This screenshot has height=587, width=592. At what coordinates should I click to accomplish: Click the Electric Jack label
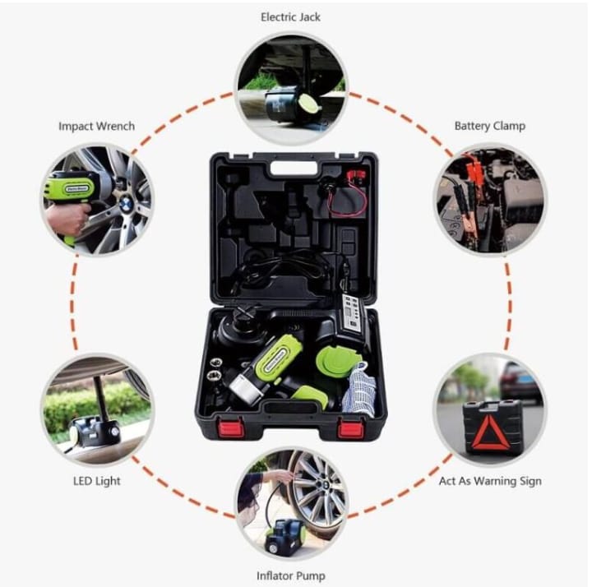coord(290,17)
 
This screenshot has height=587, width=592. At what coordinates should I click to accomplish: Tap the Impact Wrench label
coord(97,126)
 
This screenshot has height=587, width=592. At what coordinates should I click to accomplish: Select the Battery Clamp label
coord(490,126)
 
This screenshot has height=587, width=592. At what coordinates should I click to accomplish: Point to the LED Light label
coord(97,481)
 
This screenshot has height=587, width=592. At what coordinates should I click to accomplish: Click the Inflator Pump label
coord(291,576)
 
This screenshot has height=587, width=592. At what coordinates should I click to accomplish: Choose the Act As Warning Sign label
coord(490,481)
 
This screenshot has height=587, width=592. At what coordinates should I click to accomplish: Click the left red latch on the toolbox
coord(230,428)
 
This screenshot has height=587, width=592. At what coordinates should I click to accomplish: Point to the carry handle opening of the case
coord(295,169)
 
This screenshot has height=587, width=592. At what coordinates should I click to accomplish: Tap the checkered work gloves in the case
coord(359,390)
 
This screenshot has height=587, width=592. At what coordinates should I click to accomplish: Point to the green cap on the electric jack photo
coord(308,103)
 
